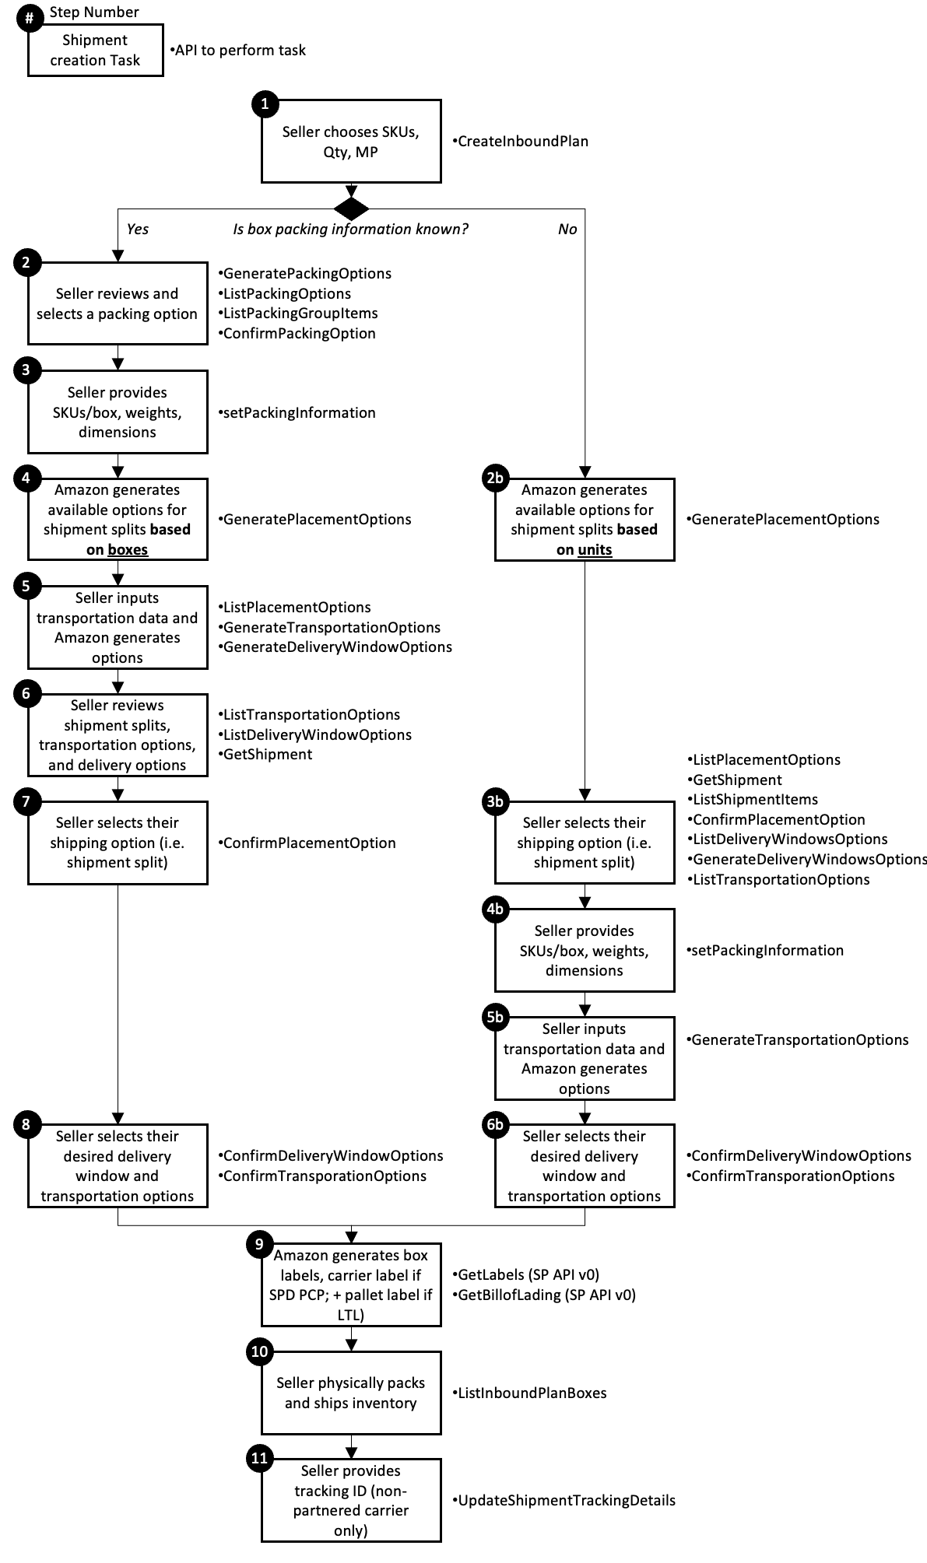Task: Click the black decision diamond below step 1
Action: pyautogui.click(x=351, y=209)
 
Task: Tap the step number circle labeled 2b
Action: pyautogui.click(x=495, y=478)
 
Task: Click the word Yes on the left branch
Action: pyautogui.click(x=137, y=229)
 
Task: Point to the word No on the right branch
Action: pyautogui.click(x=567, y=229)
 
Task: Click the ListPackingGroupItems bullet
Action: pyautogui.click(x=300, y=314)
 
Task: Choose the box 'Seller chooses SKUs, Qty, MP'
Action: pyautogui.click(x=351, y=142)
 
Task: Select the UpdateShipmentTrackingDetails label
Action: pyautogui.click(x=566, y=1500)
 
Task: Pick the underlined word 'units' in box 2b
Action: pyautogui.click(x=595, y=550)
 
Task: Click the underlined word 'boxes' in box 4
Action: pyautogui.click(x=128, y=550)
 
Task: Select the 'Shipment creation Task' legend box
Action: pyautogui.click(x=95, y=51)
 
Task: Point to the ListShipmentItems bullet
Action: pyautogui.click(x=754, y=799)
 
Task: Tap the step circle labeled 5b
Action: pyautogui.click(x=495, y=1017)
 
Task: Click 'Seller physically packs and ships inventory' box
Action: pyautogui.click(x=351, y=1393)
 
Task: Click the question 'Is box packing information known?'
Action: pyautogui.click(x=350, y=229)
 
